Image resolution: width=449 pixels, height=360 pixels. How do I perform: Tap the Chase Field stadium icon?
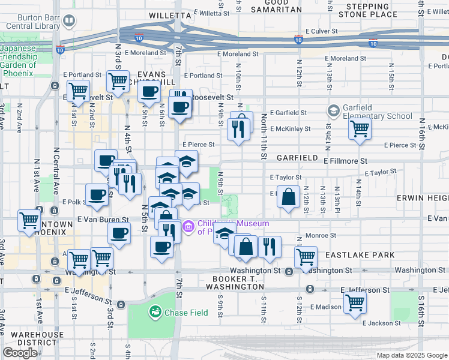point(155,312)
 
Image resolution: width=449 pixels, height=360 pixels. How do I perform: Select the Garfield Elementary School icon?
point(333,111)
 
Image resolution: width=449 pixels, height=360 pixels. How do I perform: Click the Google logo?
point(20,353)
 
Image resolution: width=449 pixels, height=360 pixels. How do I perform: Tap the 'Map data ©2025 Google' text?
point(411,355)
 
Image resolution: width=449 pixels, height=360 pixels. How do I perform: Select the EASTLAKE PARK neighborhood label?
point(360,255)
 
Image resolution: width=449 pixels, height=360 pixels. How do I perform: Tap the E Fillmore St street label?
point(345,161)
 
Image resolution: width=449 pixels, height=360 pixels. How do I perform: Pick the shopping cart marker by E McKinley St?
point(359,128)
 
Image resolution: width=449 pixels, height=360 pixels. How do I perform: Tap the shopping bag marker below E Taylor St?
point(288,197)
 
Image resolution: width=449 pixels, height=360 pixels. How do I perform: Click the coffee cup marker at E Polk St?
point(97,194)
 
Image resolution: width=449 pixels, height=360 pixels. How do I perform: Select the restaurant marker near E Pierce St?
point(238,129)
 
